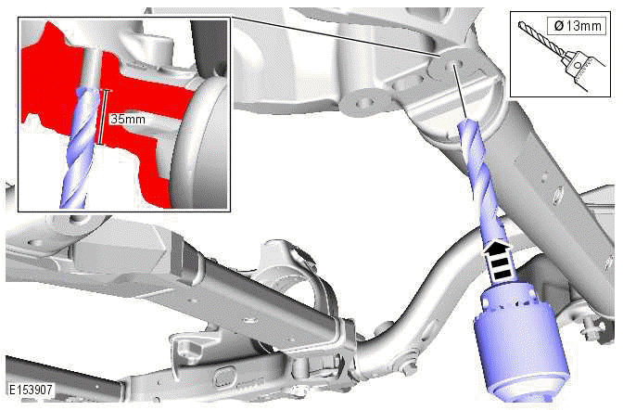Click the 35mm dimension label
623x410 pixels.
[x=128, y=119]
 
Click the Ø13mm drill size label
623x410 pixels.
[x=578, y=26]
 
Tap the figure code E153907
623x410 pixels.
[x=31, y=390]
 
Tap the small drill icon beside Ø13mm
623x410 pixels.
[x=561, y=52]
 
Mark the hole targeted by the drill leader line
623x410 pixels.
[x=453, y=64]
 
